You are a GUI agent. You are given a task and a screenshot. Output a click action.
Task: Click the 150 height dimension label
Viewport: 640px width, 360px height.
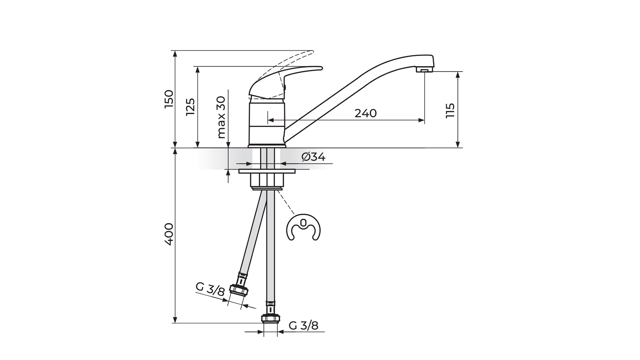(169, 99)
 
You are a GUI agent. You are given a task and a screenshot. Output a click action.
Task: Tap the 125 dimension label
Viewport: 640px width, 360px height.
(190, 107)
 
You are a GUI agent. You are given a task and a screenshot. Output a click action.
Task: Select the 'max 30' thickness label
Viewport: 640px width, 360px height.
(221, 117)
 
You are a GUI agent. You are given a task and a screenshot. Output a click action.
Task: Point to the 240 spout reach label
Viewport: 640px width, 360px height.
(365, 113)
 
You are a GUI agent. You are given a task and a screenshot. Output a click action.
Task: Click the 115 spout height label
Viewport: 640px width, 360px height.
(450, 110)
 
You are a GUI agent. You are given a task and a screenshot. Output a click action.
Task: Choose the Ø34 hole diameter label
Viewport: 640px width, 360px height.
(314, 157)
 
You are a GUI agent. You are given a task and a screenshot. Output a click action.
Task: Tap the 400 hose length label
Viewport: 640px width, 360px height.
(169, 234)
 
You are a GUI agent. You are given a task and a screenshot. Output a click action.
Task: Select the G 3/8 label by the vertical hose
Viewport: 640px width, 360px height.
(303, 326)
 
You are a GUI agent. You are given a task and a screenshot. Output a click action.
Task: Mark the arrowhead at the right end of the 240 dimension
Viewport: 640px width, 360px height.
(421, 120)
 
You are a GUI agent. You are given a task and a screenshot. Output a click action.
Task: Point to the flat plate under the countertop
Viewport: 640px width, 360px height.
(267, 171)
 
